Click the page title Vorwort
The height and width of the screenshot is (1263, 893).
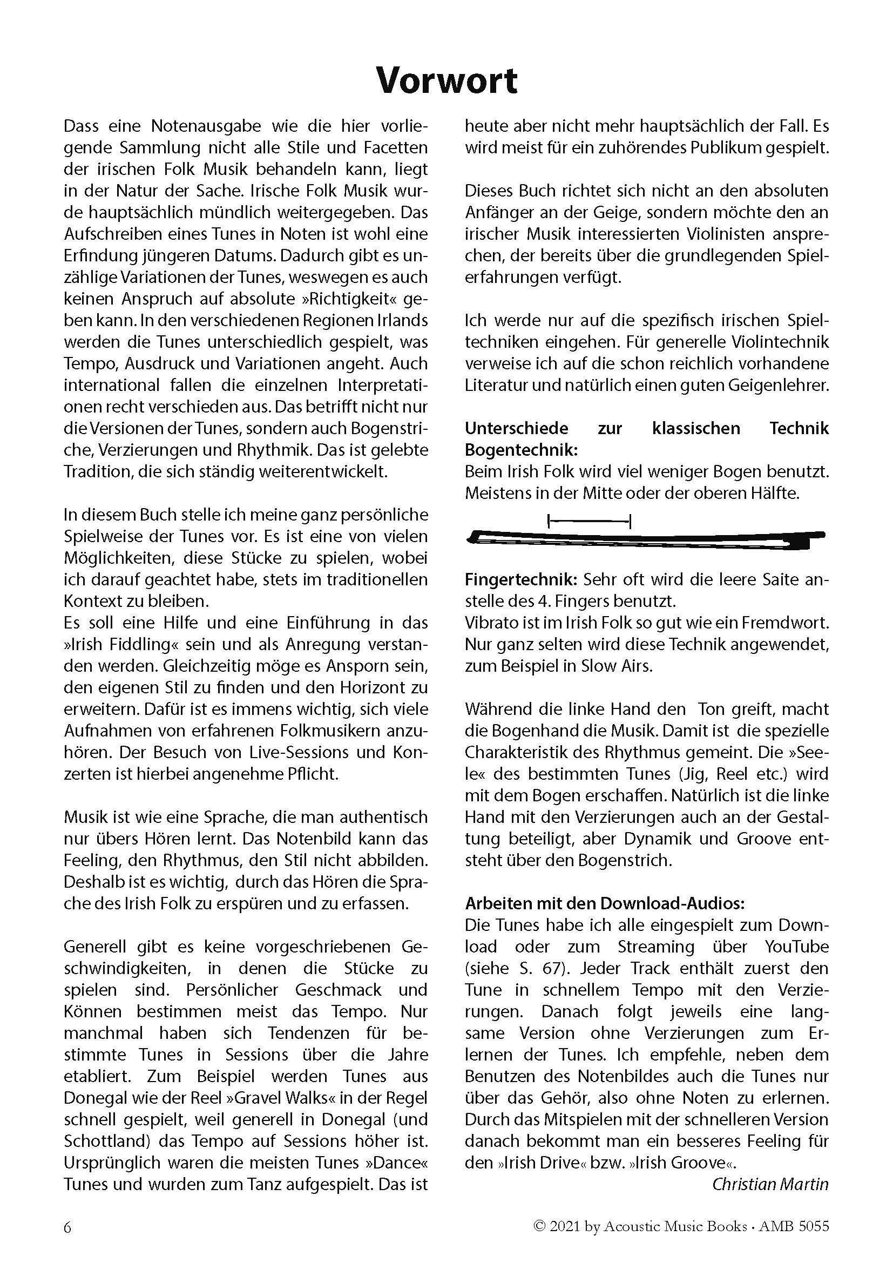pyautogui.click(x=446, y=81)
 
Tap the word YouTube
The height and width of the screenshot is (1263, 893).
pyautogui.click(x=796, y=947)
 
